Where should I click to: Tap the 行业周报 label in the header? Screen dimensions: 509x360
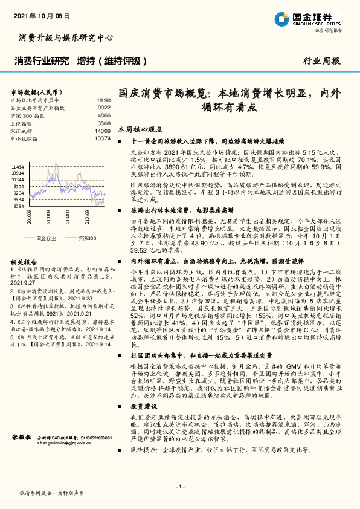(x=321, y=61)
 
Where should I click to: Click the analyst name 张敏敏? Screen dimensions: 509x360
(x=22, y=436)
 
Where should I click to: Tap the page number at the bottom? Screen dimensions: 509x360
(x=179, y=487)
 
